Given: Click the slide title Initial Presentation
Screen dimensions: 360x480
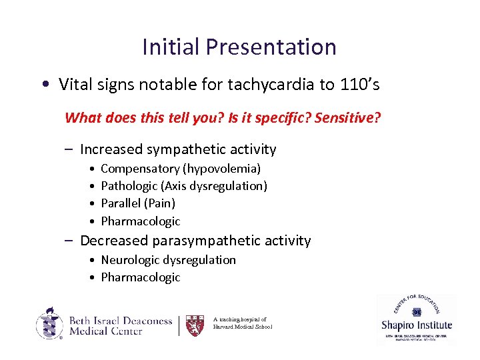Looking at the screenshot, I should click(x=239, y=47).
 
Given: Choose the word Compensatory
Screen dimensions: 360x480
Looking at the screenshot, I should click(x=140, y=169).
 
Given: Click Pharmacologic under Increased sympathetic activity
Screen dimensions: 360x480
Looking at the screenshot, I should click(x=141, y=221).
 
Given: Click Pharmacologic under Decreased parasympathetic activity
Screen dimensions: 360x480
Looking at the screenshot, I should click(x=141, y=277).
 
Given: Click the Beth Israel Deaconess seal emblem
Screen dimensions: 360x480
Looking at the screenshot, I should click(x=50, y=324).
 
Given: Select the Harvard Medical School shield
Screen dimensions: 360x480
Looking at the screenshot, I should click(x=195, y=325).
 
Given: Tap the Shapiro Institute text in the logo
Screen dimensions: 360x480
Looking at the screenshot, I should click(x=417, y=325).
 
